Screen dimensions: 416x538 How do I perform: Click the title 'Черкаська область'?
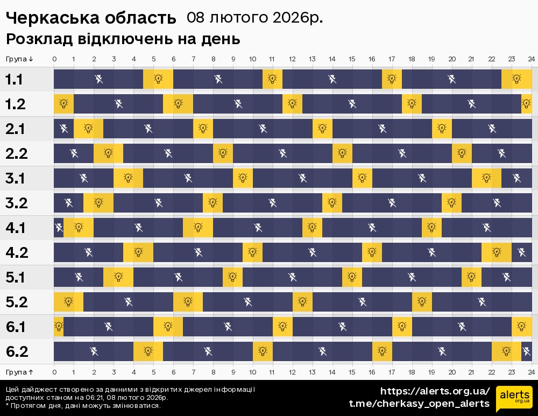click(91, 18)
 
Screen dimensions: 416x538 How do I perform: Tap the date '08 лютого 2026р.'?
click(254, 18)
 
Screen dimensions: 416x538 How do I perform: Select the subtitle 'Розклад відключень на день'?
click(123, 39)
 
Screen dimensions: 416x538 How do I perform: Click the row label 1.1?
click(15, 80)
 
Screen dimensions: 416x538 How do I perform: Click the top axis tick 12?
click(292, 59)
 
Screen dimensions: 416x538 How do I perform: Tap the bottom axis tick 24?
click(531, 372)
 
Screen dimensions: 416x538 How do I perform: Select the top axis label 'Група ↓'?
click(20, 59)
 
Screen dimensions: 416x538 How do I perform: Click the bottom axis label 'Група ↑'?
click(20, 372)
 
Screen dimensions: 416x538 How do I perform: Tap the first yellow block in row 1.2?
click(63, 104)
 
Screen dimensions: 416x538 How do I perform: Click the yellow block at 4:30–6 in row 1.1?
click(158, 80)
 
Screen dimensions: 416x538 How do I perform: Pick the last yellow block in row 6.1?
click(521, 326)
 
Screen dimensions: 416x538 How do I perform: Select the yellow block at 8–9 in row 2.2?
click(223, 153)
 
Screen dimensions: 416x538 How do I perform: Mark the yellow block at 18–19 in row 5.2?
click(422, 301)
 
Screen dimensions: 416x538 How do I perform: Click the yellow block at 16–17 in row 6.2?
click(382, 351)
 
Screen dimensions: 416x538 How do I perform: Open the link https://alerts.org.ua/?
click(435, 391)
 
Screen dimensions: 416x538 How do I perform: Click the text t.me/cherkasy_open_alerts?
click(419, 404)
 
